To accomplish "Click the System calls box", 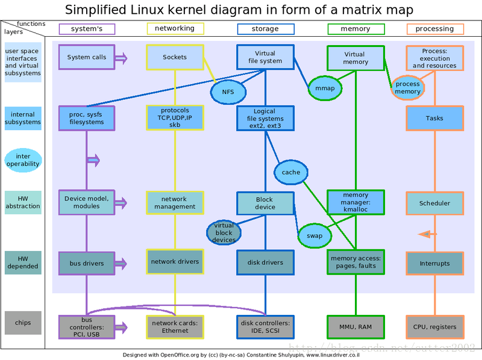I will pyautogui.click(x=87, y=58).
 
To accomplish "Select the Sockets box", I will pyautogui.click(x=175, y=58).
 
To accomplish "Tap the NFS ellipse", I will pyautogui.click(x=228, y=92).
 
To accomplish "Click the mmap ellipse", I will pyautogui.click(x=325, y=88).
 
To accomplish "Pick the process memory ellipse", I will pyautogui.click(x=408, y=88).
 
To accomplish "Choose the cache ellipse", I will pyautogui.click(x=291, y=172).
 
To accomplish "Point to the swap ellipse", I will pyautogui.click(x=315, y=236).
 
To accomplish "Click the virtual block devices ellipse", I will pyautogui.click(x=224, y=233).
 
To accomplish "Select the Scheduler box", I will pyautogui.click(x=434, y=203).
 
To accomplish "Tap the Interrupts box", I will pyautogui.click(x=434, y=263).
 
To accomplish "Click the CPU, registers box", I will pyautogui.click(x=434, y=327).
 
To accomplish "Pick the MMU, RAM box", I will pyautogui.click(x=355, y=327).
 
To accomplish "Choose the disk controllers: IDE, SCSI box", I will pyautogui.click(x=265, y=327).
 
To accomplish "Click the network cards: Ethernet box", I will pyautogui.click(x=175, y=327).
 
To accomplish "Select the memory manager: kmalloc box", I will pyautogui.click(x=355, y=203).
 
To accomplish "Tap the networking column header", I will pyautogui.click(x=175, y=28).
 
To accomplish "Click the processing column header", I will pyautogui.click(x=434, y=29).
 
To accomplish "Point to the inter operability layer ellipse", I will pyautogui.click(x=23, y=160).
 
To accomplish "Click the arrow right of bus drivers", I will pyautogui.click(x=121, y=263).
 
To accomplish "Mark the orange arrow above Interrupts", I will pyautogui.click(x=427, y=234).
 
